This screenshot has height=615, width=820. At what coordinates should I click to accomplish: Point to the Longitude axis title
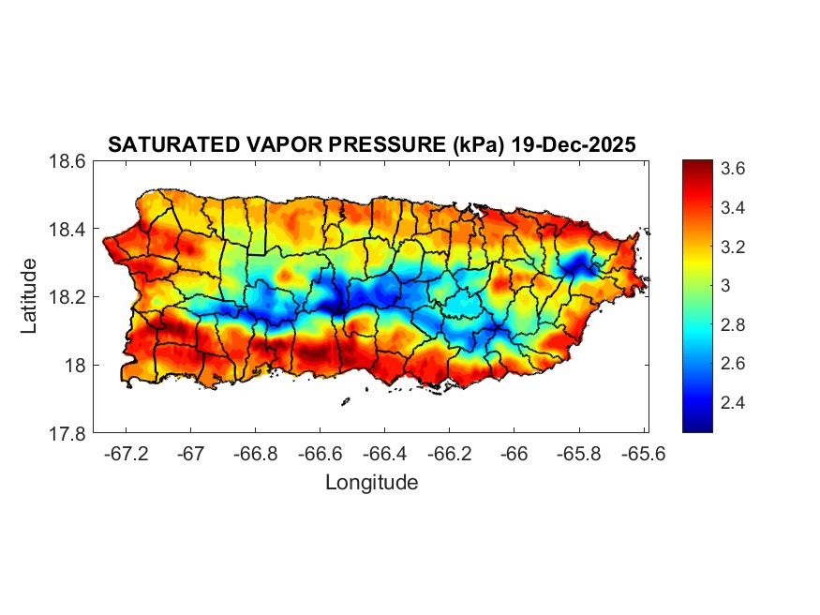pos(371,483)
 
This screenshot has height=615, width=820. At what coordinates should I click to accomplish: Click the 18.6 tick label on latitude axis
pos(68,161)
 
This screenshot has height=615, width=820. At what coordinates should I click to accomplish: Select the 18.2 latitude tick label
pos(68,297)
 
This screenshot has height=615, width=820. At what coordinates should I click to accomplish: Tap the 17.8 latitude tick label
pos(68,433)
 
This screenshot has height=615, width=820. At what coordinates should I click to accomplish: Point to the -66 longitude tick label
pos(514,454)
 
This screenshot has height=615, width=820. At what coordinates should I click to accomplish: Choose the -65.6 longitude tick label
pos(643,454)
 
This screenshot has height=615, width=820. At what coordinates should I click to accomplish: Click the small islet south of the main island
pos(345,402)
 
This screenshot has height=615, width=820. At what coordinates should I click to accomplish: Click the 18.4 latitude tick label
pos(68,230)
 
